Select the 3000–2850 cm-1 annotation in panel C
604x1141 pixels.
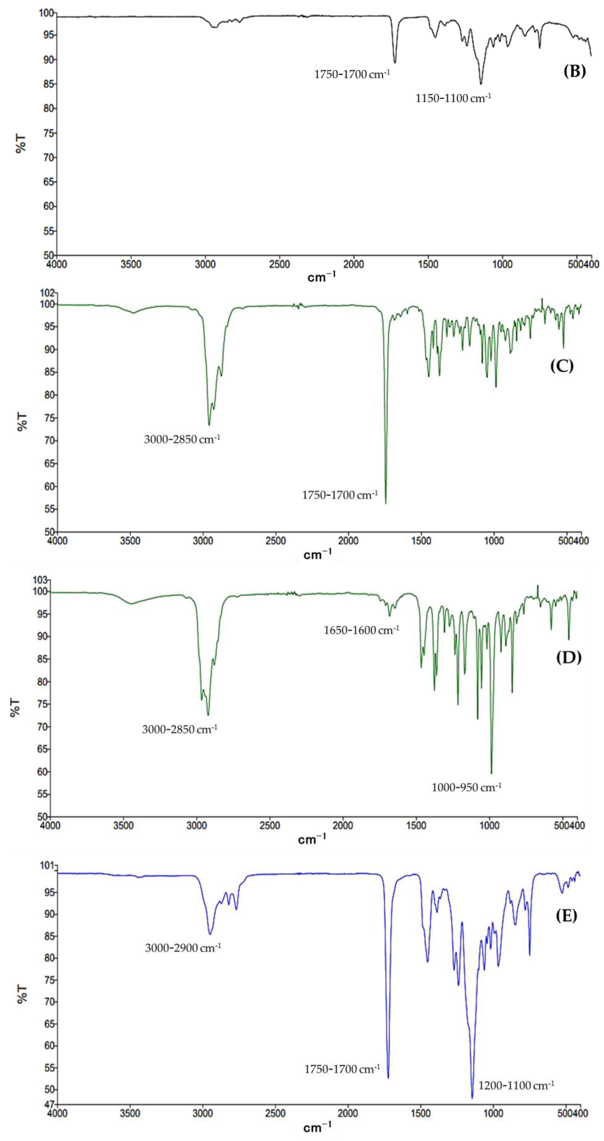[182, 439]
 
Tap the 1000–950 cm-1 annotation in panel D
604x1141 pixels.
[466, 787]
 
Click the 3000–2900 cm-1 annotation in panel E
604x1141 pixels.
[183, 948]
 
